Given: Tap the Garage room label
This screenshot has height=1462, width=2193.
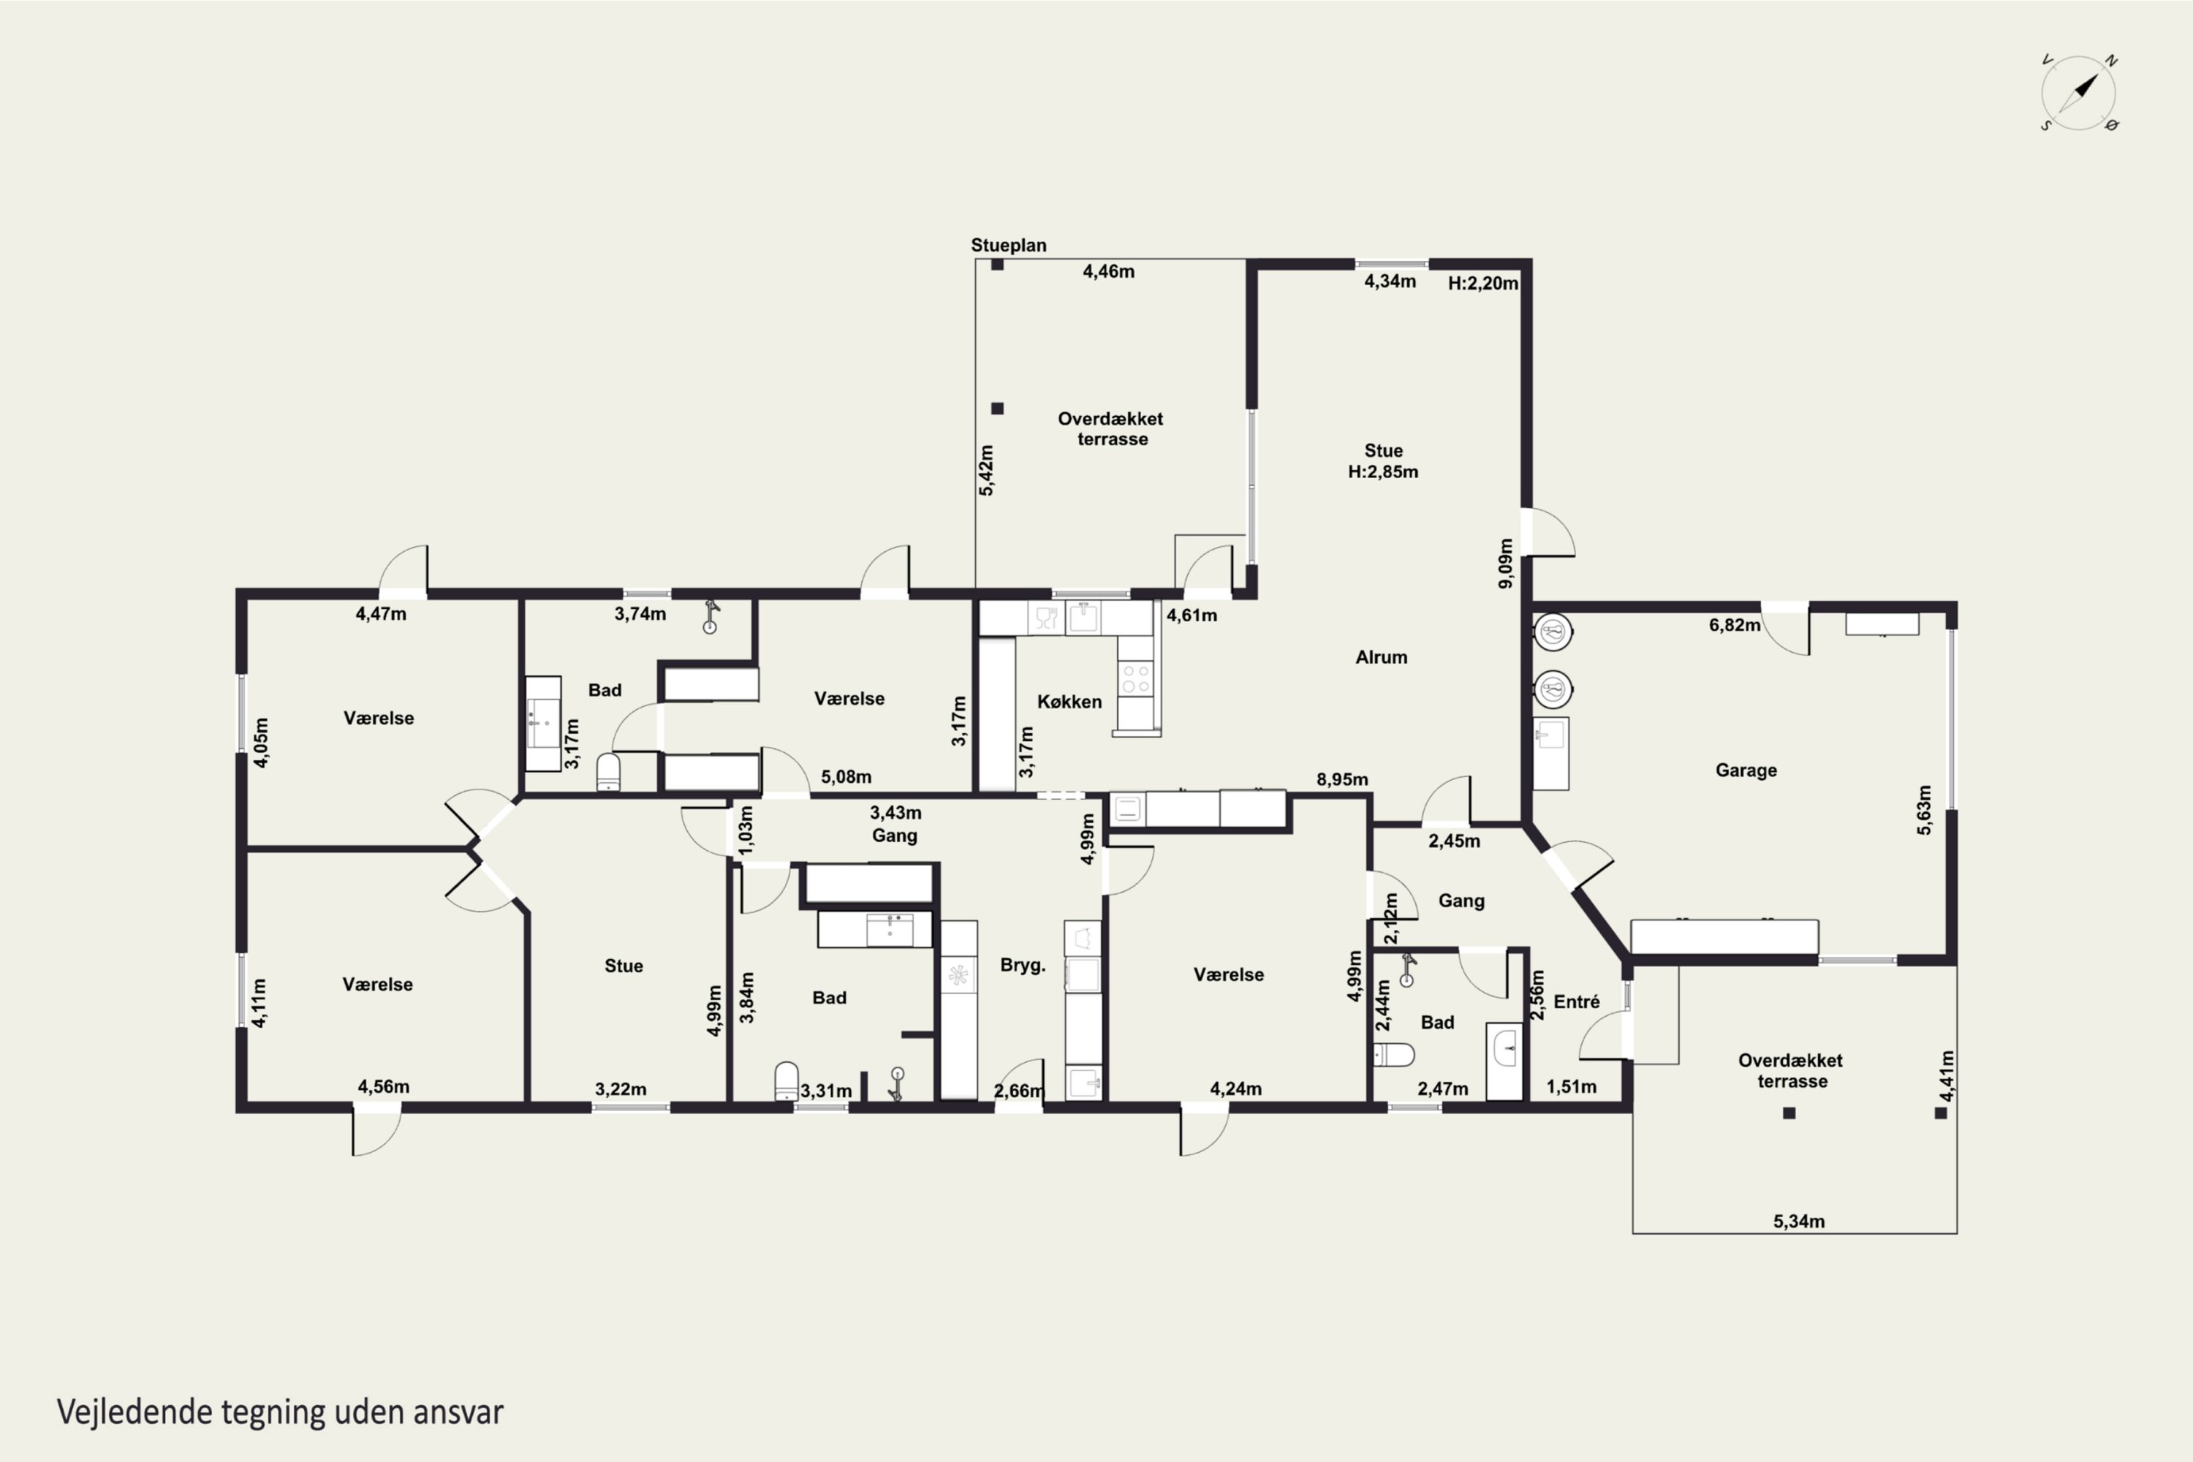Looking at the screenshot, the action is pyautogui.click(x=1746, y=770).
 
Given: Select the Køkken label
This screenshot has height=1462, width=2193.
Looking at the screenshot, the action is pyautogui.click(x=1069, y=701).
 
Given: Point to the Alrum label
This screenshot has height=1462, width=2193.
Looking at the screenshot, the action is pyautogui.click(x=1381, y=657).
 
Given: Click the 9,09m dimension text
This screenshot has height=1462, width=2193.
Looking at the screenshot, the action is pyautogui.click(x=1505, y=563).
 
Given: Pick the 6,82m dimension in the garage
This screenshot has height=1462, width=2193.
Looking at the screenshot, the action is pyautogui.click(x=1734, y=625).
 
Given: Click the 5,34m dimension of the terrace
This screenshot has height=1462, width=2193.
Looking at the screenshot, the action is pyautogui.click(x=1798, y=1221).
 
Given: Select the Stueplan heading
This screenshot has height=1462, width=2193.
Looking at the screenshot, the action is pyautogui.click(x=1009, y=245).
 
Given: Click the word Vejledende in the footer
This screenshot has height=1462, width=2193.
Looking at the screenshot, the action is pyautogui.click(x=135, y=1412).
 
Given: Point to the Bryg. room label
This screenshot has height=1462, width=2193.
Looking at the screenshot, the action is pyautogui.click(x=1023, y=965).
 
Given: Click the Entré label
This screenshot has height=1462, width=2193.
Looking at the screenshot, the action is pyautogui.click(x=1577, y=1001).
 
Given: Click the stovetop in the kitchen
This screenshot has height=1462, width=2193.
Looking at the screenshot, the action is pyautogui.click(x=1136, y=679).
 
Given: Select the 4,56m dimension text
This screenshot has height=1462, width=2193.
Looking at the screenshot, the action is pyautogui.click(x=383, y=1086).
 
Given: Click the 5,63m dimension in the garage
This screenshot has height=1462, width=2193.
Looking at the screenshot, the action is pyautogui.click(x=1923, y=809).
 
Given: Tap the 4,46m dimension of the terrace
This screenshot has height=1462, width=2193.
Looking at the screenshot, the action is pyautogui.click(x=1109, y=271).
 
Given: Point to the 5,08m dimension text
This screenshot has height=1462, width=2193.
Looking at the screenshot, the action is pyautogui.click(x=846, y=776).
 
